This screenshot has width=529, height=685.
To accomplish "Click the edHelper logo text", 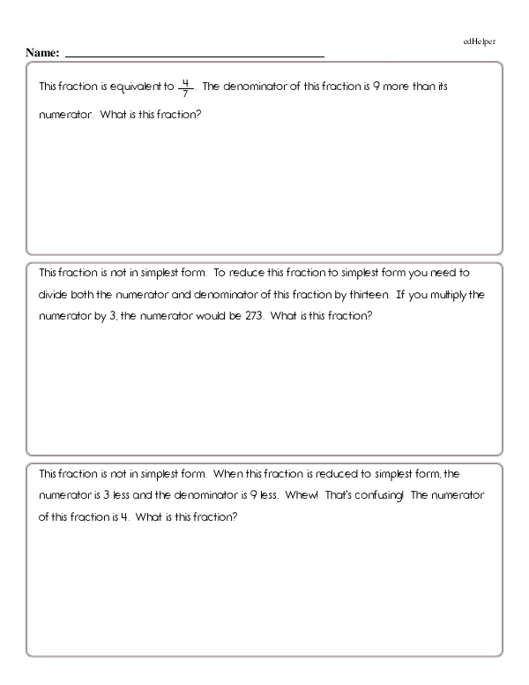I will point(479,41).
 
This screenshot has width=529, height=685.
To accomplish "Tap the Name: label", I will point(42,54).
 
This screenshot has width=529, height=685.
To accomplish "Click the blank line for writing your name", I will point(194,56).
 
